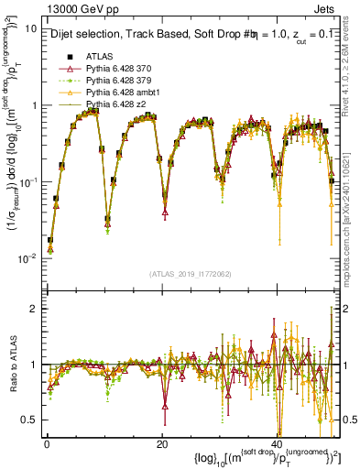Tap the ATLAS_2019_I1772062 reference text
(x=189, y=274)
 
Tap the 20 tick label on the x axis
(x=162, y=444)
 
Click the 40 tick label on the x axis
(x=278, y=444)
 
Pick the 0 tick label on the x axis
(x=47, y=444)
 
